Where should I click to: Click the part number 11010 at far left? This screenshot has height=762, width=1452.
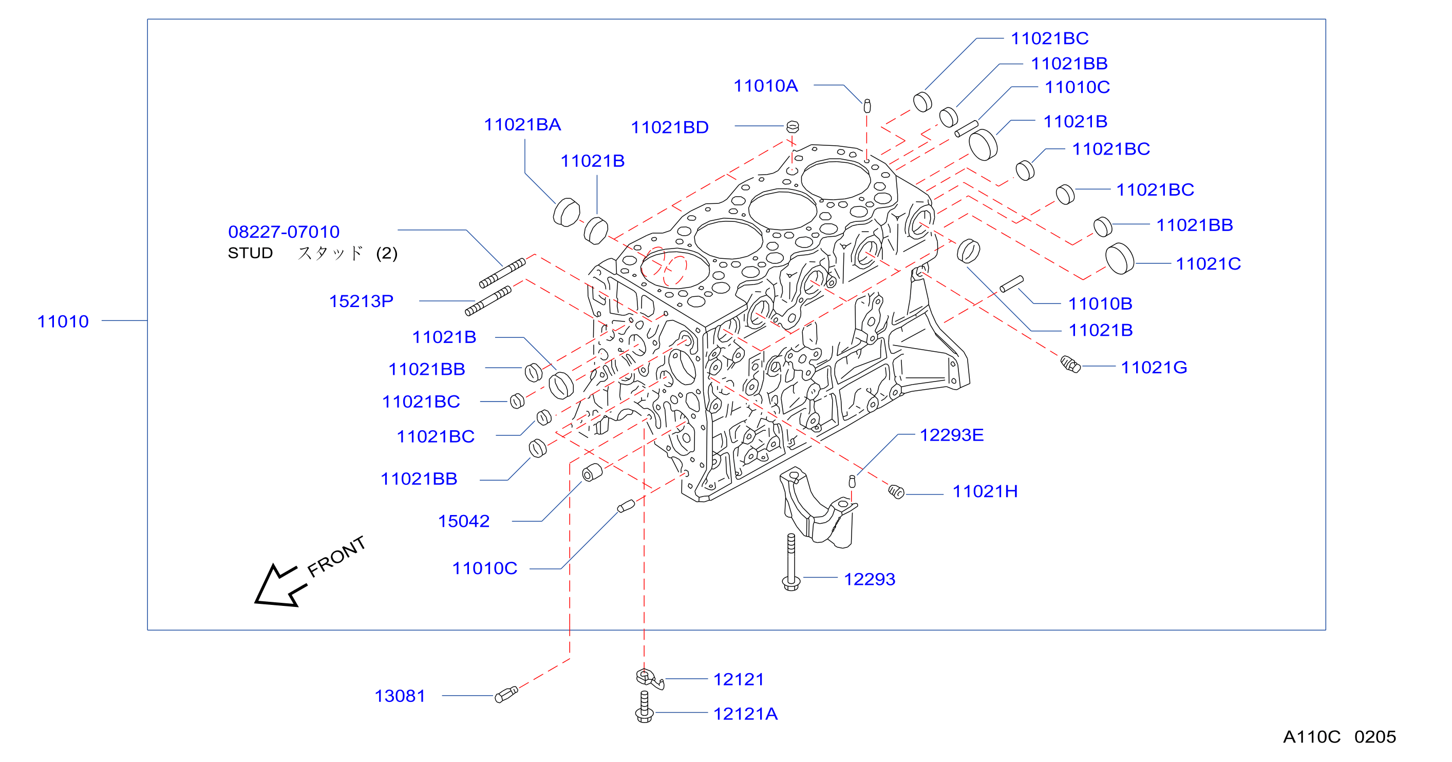[63, 321]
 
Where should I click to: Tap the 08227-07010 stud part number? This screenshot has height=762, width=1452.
[284, 232]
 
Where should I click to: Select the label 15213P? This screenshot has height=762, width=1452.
[361, 301]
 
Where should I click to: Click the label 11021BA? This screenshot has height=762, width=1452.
[522, 125]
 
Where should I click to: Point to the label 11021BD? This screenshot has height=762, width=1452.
[670, 127]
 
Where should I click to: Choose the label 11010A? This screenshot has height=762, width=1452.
[765, 86]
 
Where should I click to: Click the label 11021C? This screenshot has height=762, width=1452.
[1208, 264]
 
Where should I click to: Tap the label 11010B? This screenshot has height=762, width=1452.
[1100, 304]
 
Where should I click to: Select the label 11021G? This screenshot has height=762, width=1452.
[1154, 368]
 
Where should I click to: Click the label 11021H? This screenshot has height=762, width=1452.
[985, 491]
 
